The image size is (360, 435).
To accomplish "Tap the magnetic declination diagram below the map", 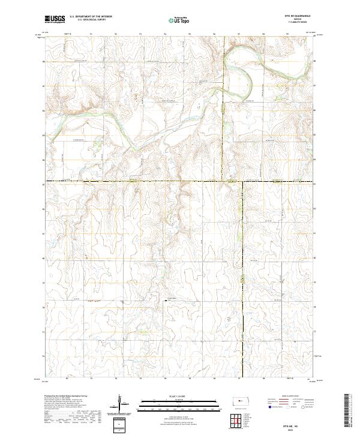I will click(122, 406).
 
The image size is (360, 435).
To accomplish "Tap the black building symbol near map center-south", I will click(166, 302).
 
